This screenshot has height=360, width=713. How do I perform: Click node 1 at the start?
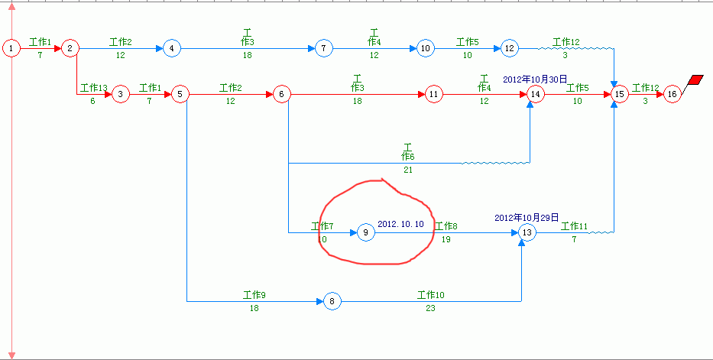11,47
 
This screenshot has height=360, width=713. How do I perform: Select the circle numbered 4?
171,47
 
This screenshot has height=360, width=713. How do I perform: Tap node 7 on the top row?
323,47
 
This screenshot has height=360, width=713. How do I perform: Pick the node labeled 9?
365,232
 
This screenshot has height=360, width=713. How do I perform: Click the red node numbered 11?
433,94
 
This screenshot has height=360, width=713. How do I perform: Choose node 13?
527,232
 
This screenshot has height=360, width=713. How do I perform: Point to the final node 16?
672,94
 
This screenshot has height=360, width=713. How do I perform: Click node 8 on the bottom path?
332,301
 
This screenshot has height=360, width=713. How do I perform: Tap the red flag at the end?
695,79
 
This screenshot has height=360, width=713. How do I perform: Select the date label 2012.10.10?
400,224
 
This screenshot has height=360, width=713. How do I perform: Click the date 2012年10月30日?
535,79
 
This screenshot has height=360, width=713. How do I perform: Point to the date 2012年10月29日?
527,218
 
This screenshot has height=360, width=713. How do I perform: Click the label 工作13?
94,87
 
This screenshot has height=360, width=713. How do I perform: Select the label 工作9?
254,295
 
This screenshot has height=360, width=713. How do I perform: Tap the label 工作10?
430,295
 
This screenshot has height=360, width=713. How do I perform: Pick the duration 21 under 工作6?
407,170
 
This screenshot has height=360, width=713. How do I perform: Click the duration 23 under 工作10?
430,308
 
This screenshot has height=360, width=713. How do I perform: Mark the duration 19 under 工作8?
446,239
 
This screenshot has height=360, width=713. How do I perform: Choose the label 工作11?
575,226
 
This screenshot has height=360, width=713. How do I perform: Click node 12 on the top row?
510,47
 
